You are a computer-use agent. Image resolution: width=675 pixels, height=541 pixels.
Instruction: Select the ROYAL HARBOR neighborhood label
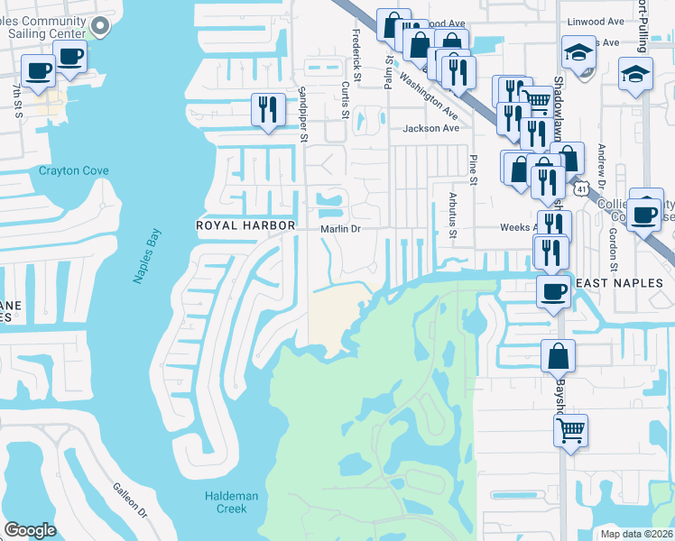pyautogui.click(x=245, y=225)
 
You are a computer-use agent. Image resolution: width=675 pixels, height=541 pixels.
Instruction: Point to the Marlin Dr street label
pyautogui.click(x=340, y=229)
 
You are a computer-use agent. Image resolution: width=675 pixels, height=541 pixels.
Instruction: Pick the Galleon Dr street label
pyautogui.click(x=129, y=500)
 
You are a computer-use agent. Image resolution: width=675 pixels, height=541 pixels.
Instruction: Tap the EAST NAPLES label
pyautogui.click(x=619, y=283)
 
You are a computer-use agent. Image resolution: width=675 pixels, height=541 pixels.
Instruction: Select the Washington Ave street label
pyautogui.click(x=429, y=96)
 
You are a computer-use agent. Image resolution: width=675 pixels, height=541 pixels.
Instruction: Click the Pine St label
pyautogui.click(x=472, y=169)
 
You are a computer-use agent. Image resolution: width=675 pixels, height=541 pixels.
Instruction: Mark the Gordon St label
pyautogui.click(x=612, y=249)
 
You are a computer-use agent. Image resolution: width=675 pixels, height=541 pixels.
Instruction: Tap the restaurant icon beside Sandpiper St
pyautogui.click(x=268, y=110)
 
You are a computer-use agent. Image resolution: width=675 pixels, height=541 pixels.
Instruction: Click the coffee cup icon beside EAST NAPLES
pyautogui.click(x=554, y=291)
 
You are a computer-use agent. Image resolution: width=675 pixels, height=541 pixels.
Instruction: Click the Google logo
pyautogui.click(x=30, y=530)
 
